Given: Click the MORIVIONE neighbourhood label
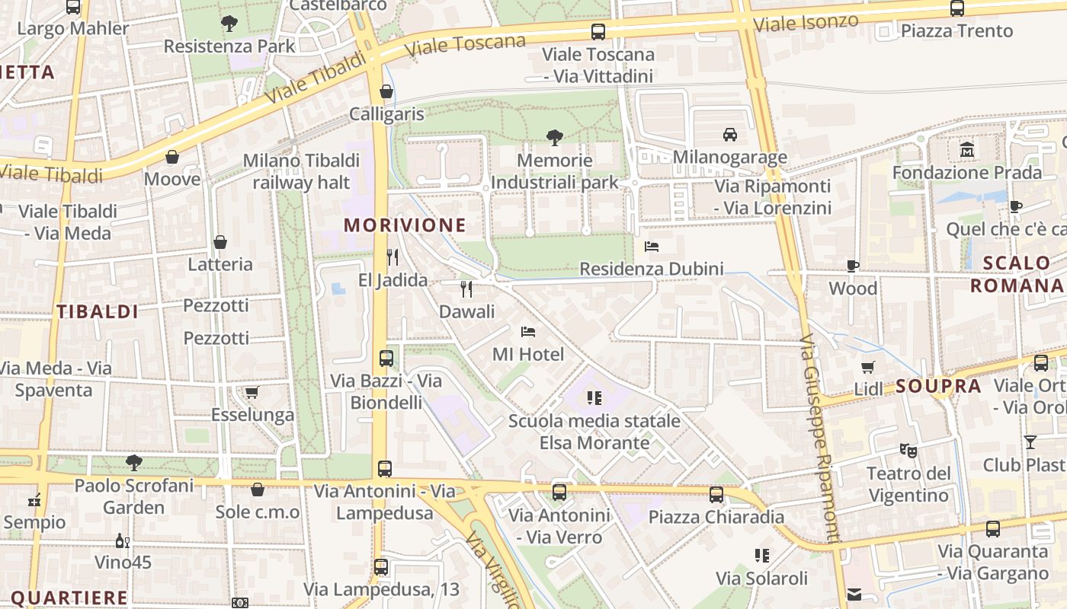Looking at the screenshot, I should click(405, 225).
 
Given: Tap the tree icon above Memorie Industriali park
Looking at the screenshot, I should click(555, 138).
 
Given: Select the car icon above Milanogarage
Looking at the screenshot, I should click(730, 135).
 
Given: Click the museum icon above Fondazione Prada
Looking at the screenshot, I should click(967, 150).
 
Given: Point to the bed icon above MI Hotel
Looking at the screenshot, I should click(528, 331).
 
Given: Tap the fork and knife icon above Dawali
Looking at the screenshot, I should click(466, 289).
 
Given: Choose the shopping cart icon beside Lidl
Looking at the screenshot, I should click(868, 368).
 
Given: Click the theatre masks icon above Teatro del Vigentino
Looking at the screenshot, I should click(908, 450).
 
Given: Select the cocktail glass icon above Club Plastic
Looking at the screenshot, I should click(1030, 442).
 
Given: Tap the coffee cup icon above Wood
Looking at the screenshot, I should click(853, 266).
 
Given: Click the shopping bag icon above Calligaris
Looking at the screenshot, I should click(386, 91).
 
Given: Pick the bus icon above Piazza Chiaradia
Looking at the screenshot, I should click(716, 495).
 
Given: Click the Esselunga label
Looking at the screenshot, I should click(252, 415).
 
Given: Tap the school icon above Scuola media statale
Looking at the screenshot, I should click(594, 397).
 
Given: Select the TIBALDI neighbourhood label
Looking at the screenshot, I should click(98, 311).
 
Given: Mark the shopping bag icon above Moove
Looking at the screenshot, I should click(172, 157).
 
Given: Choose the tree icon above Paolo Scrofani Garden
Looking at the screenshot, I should click(134, 462).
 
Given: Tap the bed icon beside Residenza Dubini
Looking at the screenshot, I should click(652, 246).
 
